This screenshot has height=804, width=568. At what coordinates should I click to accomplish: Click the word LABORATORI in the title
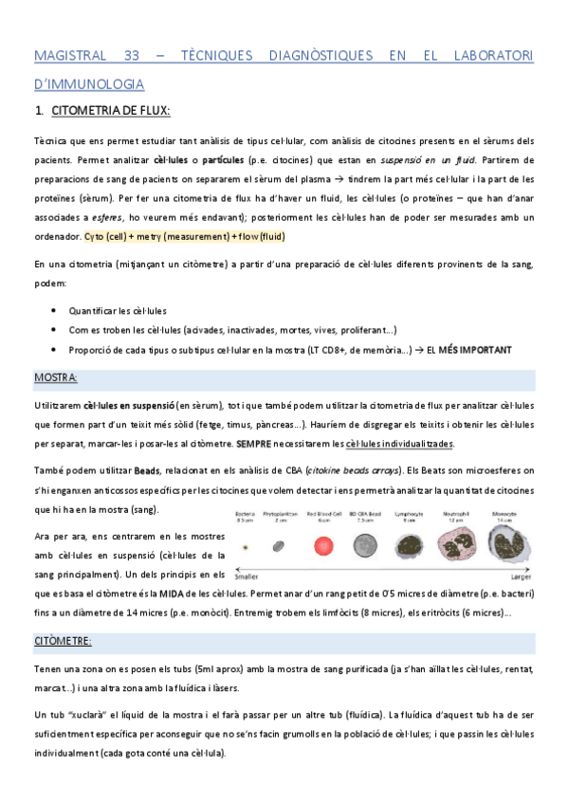[x=488, y=56]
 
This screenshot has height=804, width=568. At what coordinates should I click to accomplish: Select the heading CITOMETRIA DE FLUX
[x=110, y=112]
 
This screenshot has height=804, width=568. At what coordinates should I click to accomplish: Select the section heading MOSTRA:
[x=56, y=377]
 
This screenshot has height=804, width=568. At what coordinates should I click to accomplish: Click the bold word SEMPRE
[x=257, y=443]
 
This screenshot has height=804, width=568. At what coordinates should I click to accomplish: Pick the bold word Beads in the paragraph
[x=147, y=470]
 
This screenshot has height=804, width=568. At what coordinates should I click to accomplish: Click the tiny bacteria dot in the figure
[x=247, y=546]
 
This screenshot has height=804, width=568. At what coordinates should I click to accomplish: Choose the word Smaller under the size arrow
[x=248, y=575]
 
